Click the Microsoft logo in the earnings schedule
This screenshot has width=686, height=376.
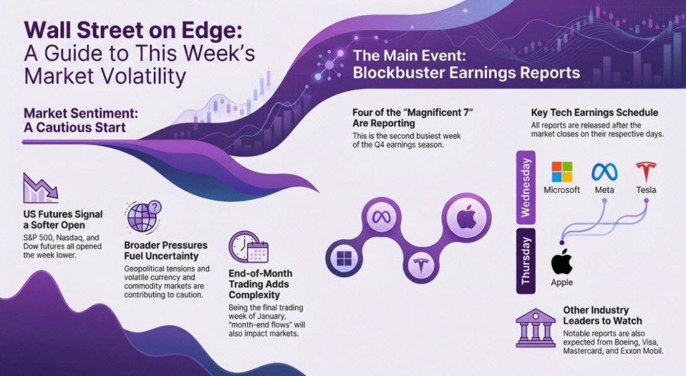pos(562,172)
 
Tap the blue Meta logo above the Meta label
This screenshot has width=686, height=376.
pos(604,172)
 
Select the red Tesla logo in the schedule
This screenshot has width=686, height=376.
pos(646,172)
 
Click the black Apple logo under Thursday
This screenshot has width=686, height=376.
pos(562,262)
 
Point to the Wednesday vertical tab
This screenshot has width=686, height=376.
pos(525,188)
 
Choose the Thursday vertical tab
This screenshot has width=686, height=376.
pos(525,260)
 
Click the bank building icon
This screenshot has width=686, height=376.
pos(536,328)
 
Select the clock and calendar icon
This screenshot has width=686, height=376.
pos(248,247)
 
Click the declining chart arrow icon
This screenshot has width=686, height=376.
pos(40,188)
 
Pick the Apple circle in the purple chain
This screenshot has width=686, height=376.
pos(466,217)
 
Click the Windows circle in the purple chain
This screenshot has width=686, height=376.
pos(344,258)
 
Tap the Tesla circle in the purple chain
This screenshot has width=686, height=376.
pos(421,265)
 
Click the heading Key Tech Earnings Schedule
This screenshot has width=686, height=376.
pos(594,112)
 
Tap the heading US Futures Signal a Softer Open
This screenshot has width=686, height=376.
pos(63,220)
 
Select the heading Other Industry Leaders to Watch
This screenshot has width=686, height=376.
pos(602,315)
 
